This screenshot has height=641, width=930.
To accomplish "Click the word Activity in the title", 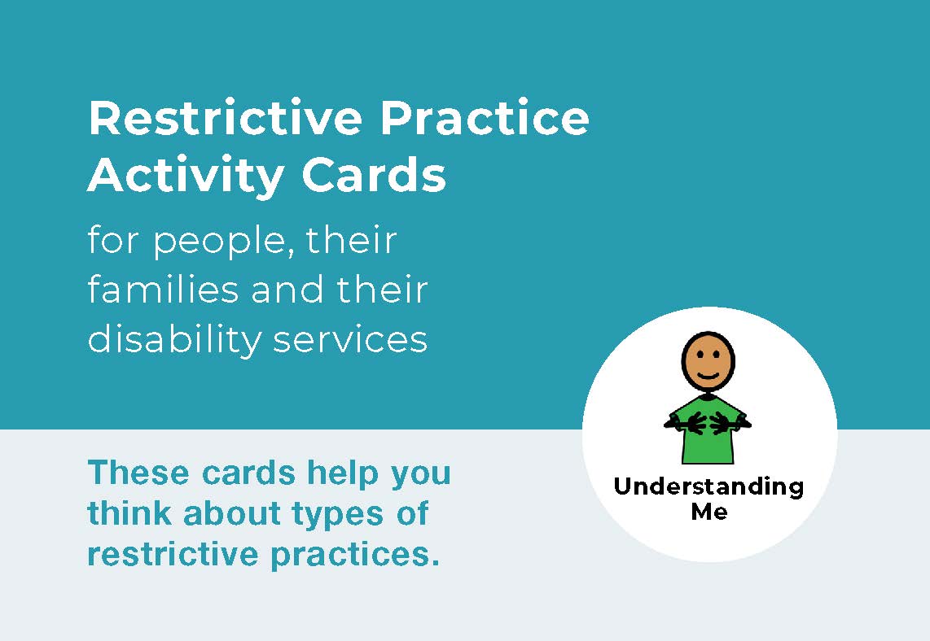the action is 186,176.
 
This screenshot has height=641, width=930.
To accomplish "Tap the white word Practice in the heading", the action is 485,118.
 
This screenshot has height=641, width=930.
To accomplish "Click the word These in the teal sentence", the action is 138,473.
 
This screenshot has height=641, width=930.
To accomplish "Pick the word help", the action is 342,474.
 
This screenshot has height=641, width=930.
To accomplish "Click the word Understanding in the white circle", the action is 708,487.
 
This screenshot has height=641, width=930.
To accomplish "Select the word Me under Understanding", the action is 709,511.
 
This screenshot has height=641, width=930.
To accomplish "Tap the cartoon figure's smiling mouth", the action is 708,375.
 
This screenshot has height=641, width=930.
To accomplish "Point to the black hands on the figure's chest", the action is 708,422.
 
